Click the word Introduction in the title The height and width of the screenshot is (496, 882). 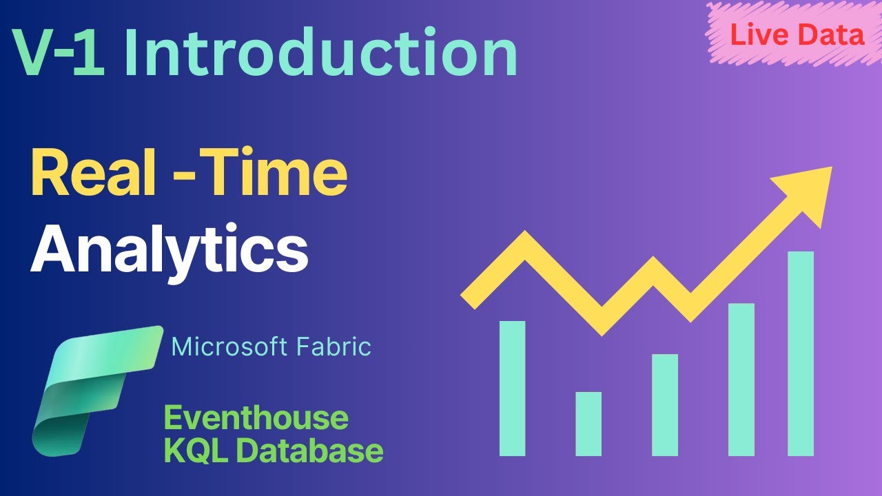coord(320,53)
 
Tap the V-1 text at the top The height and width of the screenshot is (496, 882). coord(59,53)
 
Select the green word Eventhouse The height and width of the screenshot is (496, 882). coord(256,418)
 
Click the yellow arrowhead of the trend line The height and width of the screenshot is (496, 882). coord(806,193)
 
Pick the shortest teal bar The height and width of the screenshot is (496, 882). coord(588,424)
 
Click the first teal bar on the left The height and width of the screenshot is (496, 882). coord(513,389)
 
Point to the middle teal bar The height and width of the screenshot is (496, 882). coord(665,405)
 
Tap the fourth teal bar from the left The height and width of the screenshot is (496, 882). coord(741,380)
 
